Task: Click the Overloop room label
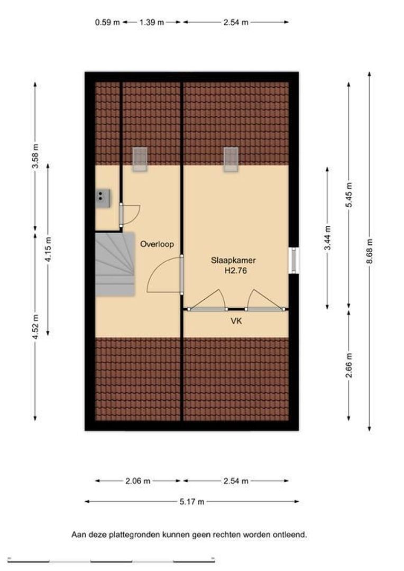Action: pos(157,244)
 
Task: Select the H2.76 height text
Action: pos(235,271)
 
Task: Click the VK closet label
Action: pos(236,321)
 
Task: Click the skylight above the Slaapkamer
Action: pos(231,159)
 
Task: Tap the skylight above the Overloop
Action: pos(140,159)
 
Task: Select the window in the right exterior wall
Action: pos(294,260)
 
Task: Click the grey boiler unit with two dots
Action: pos(103,198)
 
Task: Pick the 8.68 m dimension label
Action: pos(370,252)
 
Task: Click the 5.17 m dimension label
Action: pos(192,502)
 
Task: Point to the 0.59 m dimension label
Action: pos(107,22)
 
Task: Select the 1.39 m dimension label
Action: pos(152,22)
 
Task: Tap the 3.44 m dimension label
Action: pos(327,238)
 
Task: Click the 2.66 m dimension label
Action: pos(349,366)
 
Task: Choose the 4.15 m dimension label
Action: pos(48,250)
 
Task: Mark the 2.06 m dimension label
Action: pos(137,481)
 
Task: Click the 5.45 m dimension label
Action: pos(349,195)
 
